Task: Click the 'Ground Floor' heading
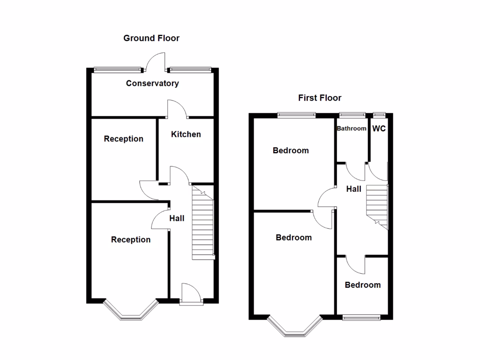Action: point(151,38)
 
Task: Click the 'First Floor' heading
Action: point(320,98)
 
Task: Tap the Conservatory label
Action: point(152,83)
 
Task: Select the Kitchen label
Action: point(186,134)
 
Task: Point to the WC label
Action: point(379,128)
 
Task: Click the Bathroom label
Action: point(352,128)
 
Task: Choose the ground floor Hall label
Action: point(177,218)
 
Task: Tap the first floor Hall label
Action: point(353,189)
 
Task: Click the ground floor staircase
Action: point(202,223)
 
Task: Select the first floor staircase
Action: point(377,205)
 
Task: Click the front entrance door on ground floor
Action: point(191,292)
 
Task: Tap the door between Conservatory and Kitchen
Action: point(177,109)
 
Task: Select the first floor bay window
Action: point(294,327)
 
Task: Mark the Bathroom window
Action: point(352,114)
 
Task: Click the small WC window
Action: point(379,114)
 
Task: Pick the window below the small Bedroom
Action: point(362,317)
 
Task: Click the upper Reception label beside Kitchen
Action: point(123,139)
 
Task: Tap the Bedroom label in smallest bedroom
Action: point(362,285)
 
